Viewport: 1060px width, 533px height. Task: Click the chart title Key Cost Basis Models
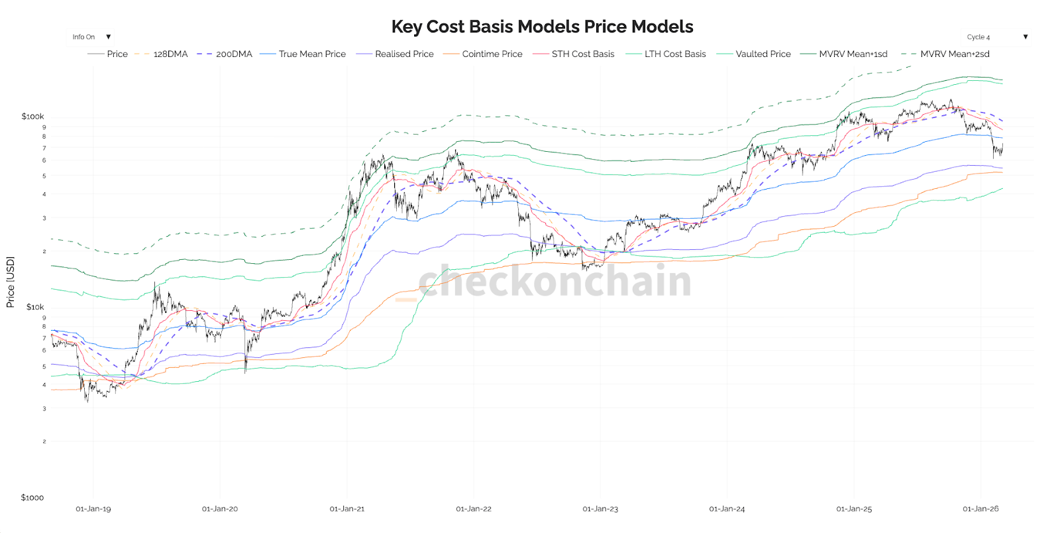point(542,27)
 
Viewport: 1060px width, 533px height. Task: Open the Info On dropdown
point(91,37)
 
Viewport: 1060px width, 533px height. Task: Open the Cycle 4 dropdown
point(996,37)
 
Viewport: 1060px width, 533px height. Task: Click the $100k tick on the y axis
point(32,117)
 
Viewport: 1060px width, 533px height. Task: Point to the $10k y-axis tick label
point(35,307)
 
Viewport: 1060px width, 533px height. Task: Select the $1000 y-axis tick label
point(32,498)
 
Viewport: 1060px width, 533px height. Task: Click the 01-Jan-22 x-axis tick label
point(474,509)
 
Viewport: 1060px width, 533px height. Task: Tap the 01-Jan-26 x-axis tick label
point(980,509)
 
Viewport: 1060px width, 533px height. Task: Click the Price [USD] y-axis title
point(11,282)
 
